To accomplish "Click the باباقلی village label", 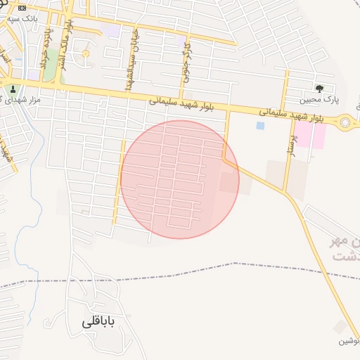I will pyautogui.click(x=97, y=321).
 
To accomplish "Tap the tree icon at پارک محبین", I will pyautogui.click(x=320, y=89).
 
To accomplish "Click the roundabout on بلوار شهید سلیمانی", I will pyautogui.click(x=346, y=124).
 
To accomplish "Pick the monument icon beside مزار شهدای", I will pyautogui.click(x=11, y=89).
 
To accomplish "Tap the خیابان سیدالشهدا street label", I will pyautogui.click(x=129, y=63).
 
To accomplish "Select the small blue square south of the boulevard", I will pyautogui.click(x=260, y=126).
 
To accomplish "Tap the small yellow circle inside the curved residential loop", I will pyautogui.click(x=86, y=54).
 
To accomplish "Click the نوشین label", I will pyautogui.click(x=349, y=341).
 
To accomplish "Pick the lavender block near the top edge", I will pyautogui.click(x=112, y=31).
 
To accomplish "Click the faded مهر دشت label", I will pyautogui.click(x=345, y=249).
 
